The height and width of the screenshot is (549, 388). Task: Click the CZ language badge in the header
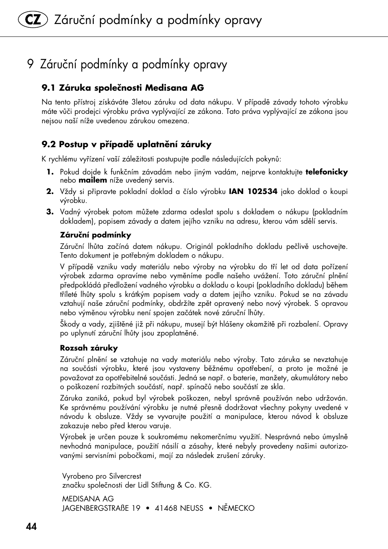(x=33, y=20)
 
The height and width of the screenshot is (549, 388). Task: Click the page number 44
(x=31, y=527)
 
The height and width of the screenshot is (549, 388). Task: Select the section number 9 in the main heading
(x=30, y=64)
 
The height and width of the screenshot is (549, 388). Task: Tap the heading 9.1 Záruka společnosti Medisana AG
(x=123, y=88)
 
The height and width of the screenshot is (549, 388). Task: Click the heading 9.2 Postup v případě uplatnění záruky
(x=126, y=144)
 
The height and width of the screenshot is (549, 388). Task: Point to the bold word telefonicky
(x=327, y=172)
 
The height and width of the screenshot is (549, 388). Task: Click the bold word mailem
(x=93, y=180)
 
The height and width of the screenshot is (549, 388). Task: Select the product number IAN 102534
(x=253, y=192)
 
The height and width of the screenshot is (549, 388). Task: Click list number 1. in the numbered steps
(x=50, y=172)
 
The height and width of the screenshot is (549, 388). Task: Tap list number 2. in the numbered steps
(x=50, y=192)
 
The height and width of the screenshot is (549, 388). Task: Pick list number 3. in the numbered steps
(x=50, y=212)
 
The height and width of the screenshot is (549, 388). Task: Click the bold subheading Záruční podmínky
(x=96, y=235)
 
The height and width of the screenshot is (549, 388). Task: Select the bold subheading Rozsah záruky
(x=89, y=348)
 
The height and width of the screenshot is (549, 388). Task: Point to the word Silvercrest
(x=125, y=476)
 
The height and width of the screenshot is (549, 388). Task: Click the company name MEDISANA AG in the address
(x=88, y=499)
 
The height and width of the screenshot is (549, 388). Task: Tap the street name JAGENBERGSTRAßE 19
(x=101, y=508)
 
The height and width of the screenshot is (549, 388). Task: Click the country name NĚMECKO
(x=236, y=508)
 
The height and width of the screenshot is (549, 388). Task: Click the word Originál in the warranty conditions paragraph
(x=199, y=246)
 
